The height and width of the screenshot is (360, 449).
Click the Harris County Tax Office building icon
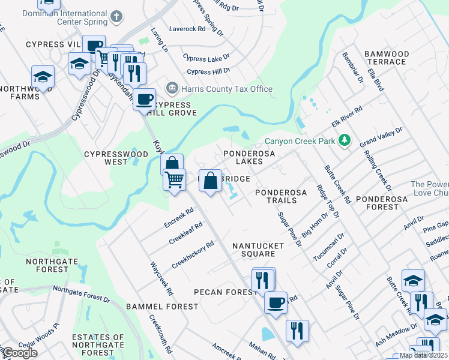[x=172, y=89]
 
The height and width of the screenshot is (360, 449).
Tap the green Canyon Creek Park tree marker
[x=345, y=140]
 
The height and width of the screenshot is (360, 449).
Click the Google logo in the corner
[x=20, y=352]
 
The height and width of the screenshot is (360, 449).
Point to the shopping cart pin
[x=174, y=179]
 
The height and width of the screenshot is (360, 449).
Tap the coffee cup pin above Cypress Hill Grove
[x=145, y=100]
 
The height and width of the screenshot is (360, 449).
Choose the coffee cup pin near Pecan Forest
[x=276, y=303]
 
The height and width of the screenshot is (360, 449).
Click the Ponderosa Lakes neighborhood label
[x=249, y=157]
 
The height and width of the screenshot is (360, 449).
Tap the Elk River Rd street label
[x=348, y=118]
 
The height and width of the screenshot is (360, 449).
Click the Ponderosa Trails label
[x=281, y=196]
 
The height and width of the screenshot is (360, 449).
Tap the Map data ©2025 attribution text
[x=423, y=355]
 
